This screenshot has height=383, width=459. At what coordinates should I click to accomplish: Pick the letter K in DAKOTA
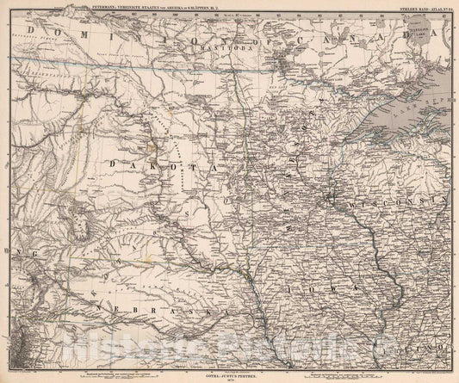click(x=138, y=162)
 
